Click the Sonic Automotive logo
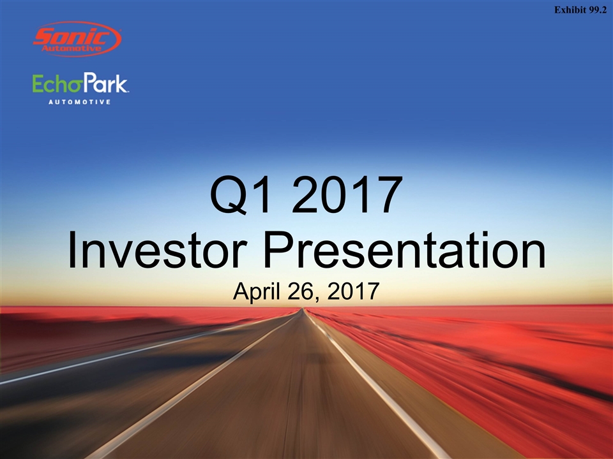[x=77, y=39]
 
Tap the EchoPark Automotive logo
[x=80, y=88]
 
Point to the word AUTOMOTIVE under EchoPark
[x=80, y=102]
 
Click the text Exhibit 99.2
[x=580, y=10]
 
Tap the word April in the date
[x=257, y=291]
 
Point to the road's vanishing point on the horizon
[x=301, y=309]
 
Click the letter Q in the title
[x=229, y=195]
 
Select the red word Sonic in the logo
[x=73, y=37]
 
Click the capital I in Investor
[x=72, y=249]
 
